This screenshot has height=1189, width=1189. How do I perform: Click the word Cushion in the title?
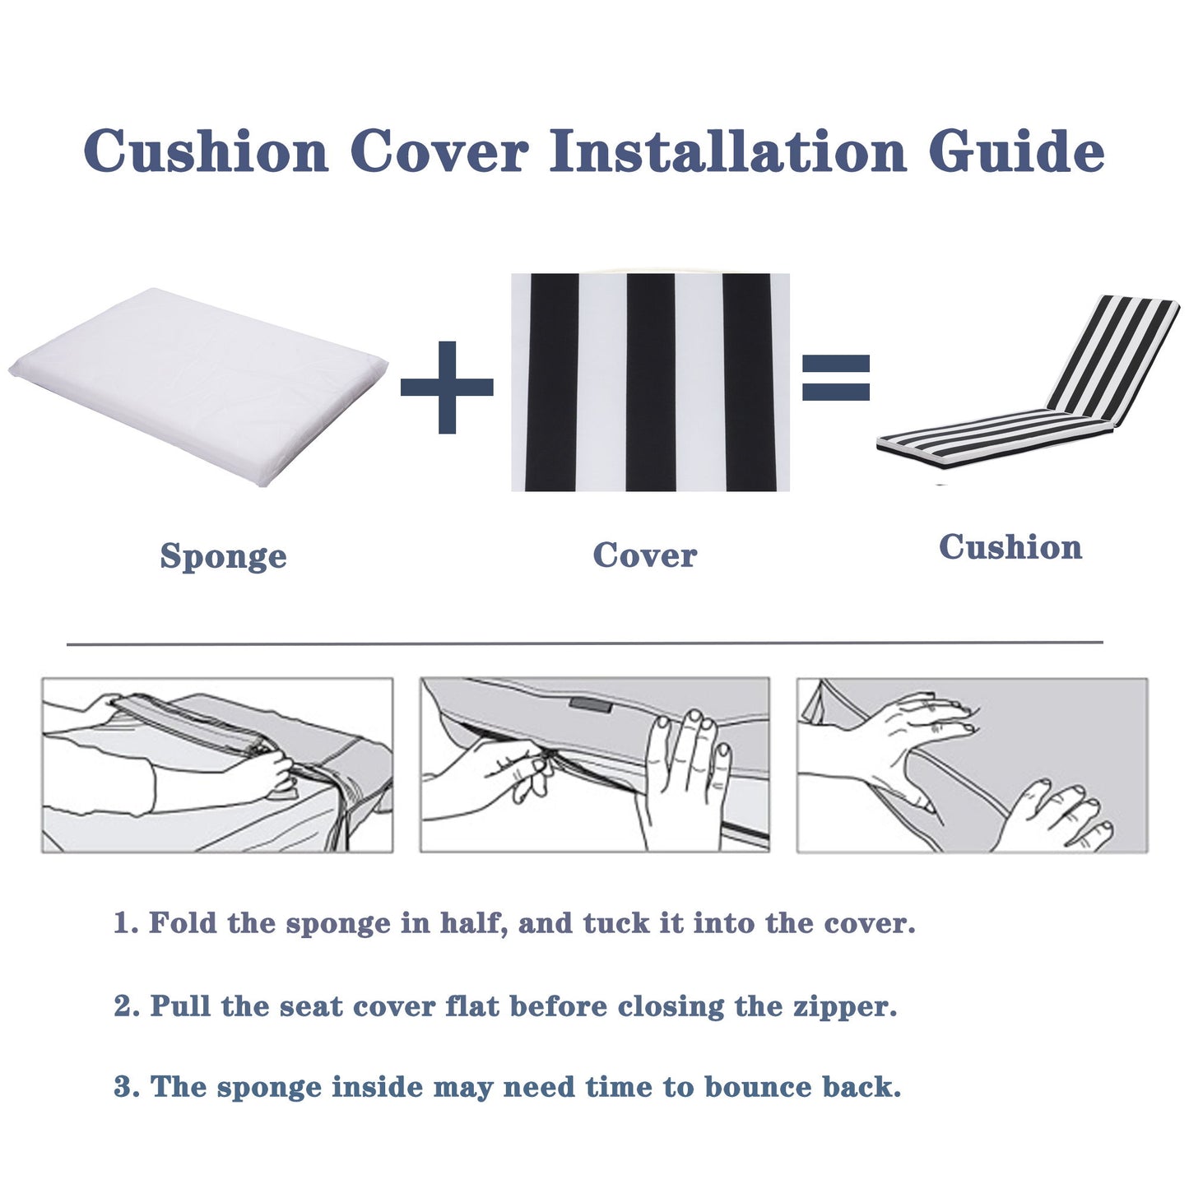pos(206,152)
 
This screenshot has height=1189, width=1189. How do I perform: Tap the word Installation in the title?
pos(727,152)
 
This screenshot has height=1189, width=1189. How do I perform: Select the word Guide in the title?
pos(1015,152)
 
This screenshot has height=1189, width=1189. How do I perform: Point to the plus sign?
pos(447,387)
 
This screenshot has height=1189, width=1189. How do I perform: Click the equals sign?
pos(835,378)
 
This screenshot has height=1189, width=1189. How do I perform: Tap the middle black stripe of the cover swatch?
pos(650,383)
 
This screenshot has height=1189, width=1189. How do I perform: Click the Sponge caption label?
pos(223,556)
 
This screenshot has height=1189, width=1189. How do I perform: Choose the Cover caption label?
pos(644,555)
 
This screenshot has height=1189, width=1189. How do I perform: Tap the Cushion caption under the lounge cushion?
pos(1010,547)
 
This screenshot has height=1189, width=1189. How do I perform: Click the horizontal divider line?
pos(584,643)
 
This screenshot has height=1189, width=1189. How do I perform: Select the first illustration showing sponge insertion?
pos(217,765)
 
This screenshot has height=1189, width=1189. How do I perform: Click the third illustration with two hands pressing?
pos(972,765)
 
